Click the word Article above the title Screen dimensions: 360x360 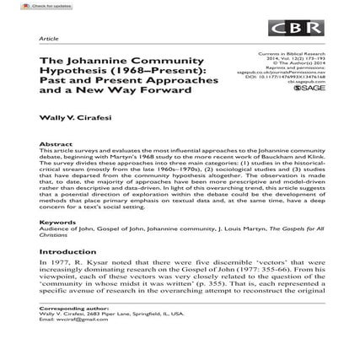pyautogui.click(x=49, y=39)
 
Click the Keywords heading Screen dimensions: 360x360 pyautogui.click(x=57, y=222)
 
